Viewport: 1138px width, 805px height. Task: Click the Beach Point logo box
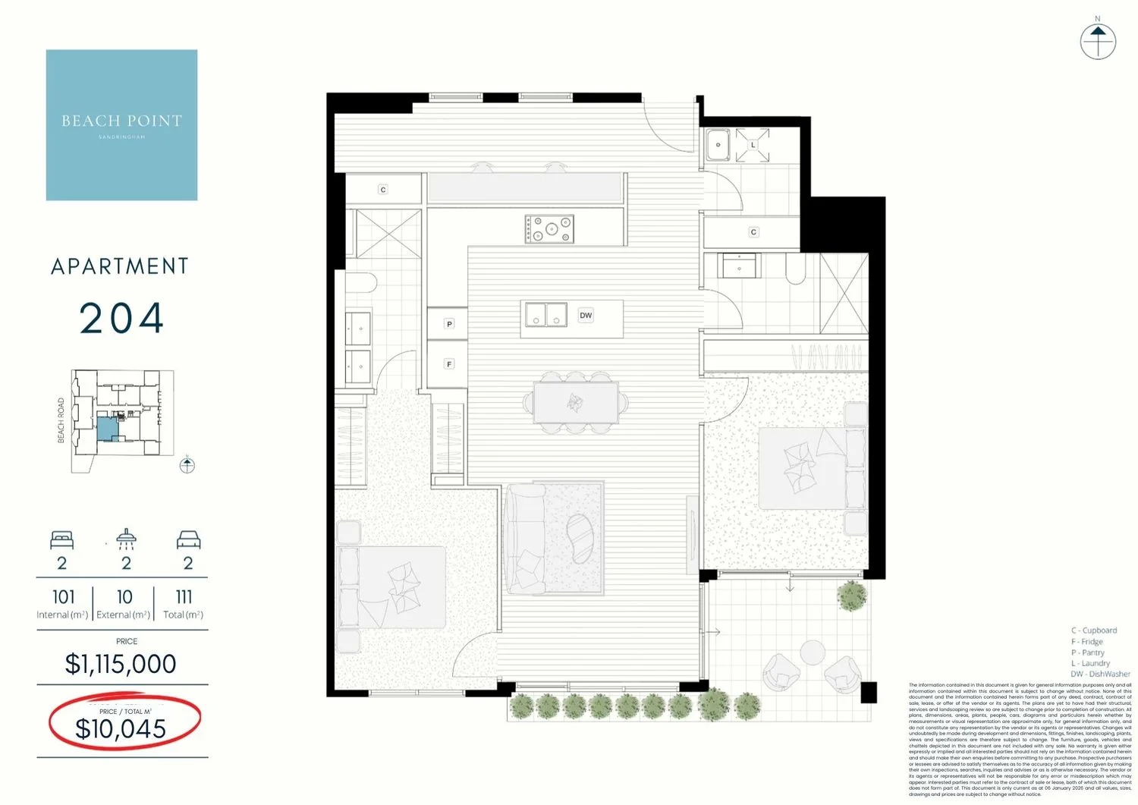[x=121, y=125]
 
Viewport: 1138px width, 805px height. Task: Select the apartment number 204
[x=121, y=319]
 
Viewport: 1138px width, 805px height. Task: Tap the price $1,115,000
[x=121, y=664]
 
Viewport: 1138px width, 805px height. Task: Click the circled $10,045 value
[x=121, y=728]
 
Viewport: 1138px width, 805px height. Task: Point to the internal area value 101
[x=64, y=597]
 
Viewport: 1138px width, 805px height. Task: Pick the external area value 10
[x=124, y=597]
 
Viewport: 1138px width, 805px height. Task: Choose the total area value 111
[x=184, y=597]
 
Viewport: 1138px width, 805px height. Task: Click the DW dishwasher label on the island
[x=586, y=316]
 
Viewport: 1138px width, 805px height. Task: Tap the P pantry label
[x=449, y=324]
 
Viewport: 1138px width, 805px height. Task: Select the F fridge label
[x=449, y=364]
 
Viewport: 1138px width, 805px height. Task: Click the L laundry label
[x=753, y=145]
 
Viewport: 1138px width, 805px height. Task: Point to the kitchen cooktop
[x=549, y=228]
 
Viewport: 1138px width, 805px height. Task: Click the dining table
[x=575, y=402]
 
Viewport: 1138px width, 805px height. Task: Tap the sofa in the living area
[x=524, y=539]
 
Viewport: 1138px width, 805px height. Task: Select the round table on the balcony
[x=813, y=652]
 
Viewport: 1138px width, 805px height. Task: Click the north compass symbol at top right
[x=1098, y=41]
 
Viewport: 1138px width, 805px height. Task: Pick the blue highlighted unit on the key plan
[x=108, y=429]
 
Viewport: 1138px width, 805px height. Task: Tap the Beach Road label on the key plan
[x=61, y=420]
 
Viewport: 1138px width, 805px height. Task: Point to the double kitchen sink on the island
[x=545, y=315]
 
